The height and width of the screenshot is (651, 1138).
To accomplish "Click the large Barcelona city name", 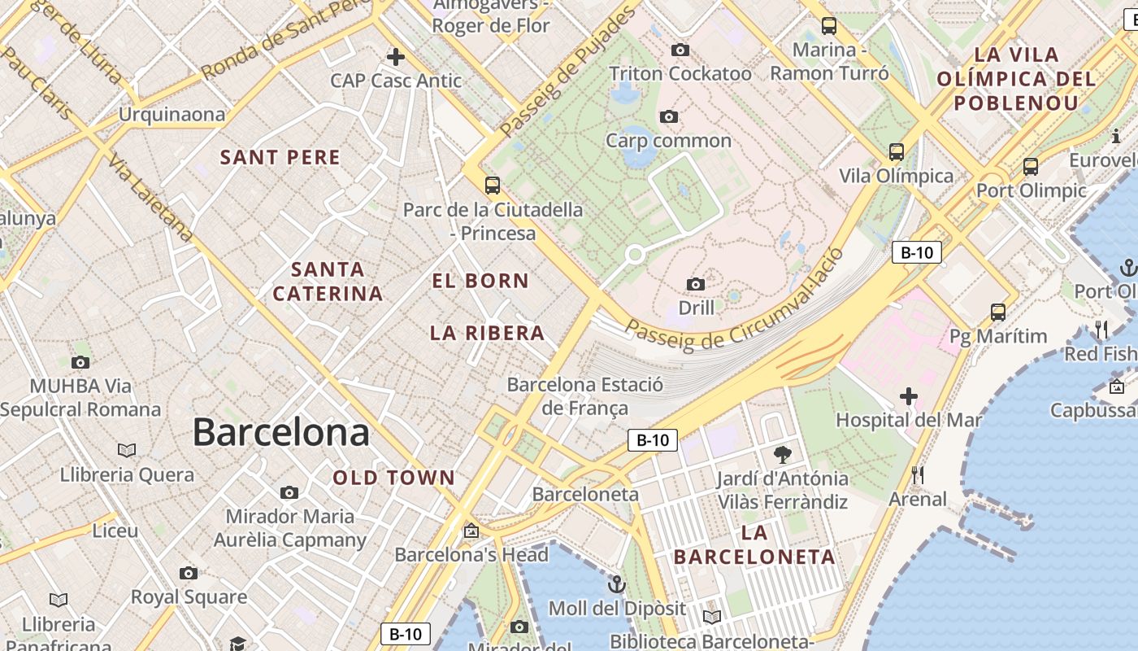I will pos(280,432).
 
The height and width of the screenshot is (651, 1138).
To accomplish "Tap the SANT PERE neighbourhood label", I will pos(280,158).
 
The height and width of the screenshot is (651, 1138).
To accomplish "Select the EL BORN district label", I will pos(480,282).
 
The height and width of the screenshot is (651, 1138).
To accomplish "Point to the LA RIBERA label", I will pos(487,333).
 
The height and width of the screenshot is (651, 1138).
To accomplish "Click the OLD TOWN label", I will pos(394,478).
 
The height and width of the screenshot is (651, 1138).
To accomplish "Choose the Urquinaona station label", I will pos(172,114).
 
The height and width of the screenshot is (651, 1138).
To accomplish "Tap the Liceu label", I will pos(115,531).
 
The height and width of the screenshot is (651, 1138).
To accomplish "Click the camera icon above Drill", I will pos(696,284).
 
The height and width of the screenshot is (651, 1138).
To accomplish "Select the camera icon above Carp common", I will pos(669,116).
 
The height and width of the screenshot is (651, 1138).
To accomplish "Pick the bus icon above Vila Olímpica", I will pos(897,152).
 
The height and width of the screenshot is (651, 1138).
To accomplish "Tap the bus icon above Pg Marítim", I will pos(998,312).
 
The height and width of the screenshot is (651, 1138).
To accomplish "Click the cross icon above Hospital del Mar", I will pos(908,396).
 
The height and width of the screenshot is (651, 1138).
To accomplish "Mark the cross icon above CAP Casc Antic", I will pos(396,57).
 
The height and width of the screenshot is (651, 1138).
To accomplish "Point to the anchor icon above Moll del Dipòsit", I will pos(617,584).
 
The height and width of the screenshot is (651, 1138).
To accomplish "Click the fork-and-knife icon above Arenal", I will pos(918,474).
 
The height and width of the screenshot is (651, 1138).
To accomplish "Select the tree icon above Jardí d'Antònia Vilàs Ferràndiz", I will pos(783,454).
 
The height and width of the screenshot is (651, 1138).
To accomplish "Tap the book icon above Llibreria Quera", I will pos(127,450).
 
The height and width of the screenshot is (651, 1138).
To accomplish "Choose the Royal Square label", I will pos(189,597).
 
